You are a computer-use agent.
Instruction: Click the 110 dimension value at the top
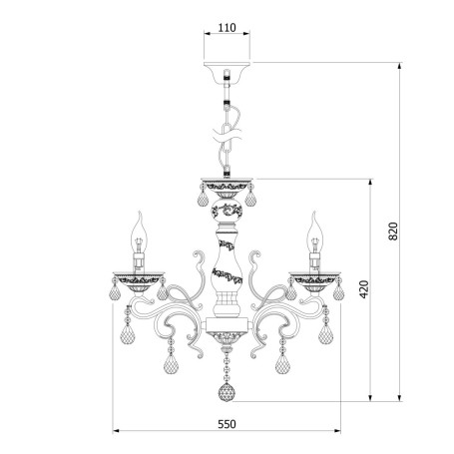click(227, 27)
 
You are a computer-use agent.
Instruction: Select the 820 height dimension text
click(393, 231)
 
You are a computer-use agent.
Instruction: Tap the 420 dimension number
click(364, 289)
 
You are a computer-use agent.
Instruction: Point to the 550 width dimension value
click(227, 424)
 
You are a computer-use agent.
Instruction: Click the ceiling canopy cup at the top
click(227, 72)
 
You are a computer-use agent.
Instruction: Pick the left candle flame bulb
click(140, 231)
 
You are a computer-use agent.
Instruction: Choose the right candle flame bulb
click(314, 231)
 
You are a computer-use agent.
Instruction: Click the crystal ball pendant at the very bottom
click(227, 392)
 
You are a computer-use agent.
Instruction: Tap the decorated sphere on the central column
click(227, 210)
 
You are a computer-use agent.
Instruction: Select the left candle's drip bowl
click(139, 278)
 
